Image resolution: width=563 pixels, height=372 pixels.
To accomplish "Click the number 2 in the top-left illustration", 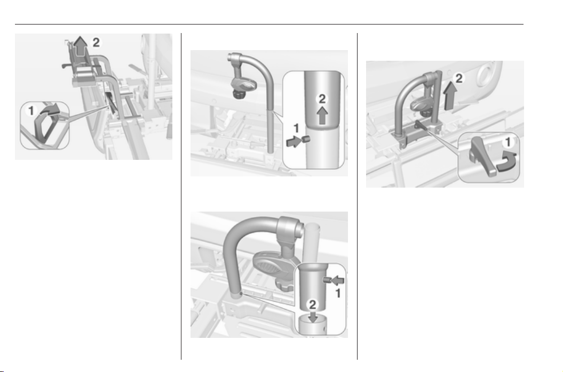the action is (96, 42).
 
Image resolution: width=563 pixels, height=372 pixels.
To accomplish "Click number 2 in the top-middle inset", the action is (322, 99).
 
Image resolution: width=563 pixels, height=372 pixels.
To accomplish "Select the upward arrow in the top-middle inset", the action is (322, 116).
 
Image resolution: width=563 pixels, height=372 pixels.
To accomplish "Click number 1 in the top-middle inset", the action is (296, 128).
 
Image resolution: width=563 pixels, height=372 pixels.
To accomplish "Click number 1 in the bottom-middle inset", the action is (337, 294).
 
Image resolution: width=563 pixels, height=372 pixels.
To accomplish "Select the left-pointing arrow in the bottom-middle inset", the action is (337, 279).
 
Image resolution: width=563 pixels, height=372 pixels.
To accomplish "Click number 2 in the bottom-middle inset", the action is (313, 304).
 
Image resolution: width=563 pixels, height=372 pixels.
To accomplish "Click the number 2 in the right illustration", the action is (459, 78).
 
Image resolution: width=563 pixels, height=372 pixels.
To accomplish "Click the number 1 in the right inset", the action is (508, 143).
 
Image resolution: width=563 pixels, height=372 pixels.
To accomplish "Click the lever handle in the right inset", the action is (482, 155).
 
